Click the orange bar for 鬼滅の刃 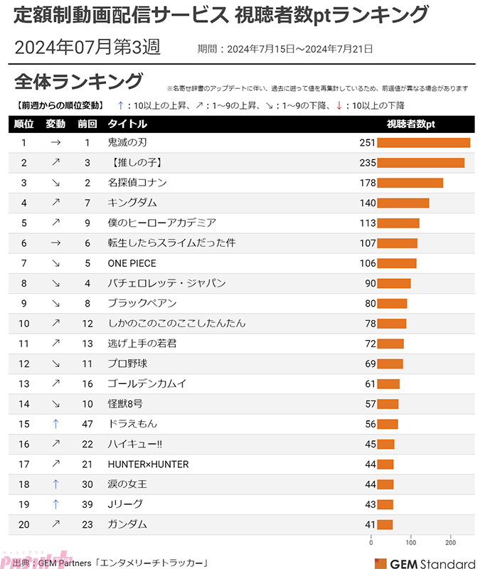click(423, 143)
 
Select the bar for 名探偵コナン click(410, 183)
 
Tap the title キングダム click(132, 203)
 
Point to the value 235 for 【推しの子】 click(367, 163)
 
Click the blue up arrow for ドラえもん click(55, 424)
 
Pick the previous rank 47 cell click(87, 424)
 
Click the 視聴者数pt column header click(410, 124)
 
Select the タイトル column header click(127, 124)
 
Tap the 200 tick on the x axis click(449, 543)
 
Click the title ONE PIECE click(132, 263)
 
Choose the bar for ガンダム click(385, 525)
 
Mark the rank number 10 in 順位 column click(23, 323)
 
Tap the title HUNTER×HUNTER click(148, 464)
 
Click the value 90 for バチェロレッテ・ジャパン click(370, 283)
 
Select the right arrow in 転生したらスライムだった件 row click(55, 243)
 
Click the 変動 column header click(55, 124)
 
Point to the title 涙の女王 click(128, 484)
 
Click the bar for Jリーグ click(385, 504)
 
